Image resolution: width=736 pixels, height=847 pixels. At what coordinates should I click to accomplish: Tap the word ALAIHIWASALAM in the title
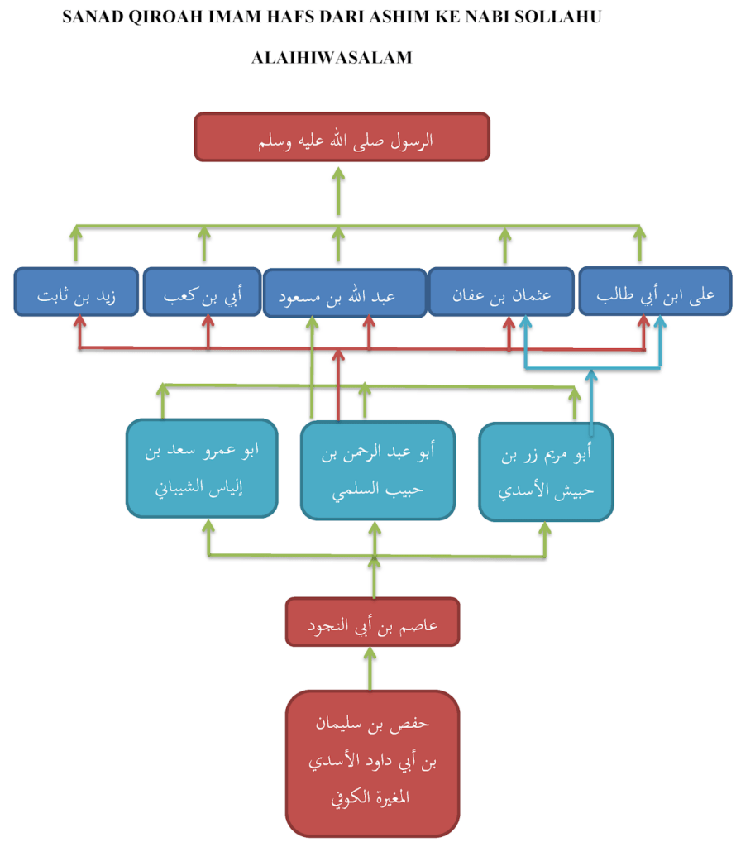point(332,58)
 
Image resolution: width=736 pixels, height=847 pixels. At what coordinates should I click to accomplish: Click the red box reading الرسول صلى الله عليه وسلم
point(342,136)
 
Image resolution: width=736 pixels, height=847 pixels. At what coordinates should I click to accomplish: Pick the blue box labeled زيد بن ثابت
point(76,291)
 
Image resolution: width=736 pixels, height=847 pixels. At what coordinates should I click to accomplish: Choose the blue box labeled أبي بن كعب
point(203,291)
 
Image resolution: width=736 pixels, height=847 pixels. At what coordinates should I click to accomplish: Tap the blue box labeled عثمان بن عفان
point(501,291)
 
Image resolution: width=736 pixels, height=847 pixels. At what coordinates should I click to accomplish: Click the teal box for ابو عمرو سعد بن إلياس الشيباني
point(201,467)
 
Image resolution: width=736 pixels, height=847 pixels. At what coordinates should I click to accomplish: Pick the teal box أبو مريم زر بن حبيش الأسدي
point(546,471)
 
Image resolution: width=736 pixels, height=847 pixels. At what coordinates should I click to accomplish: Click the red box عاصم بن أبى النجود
point(372,621)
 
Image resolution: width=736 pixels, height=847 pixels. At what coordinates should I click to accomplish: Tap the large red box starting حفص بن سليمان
point(373,763)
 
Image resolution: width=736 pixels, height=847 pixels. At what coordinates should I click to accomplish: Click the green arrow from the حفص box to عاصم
point(370,667)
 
